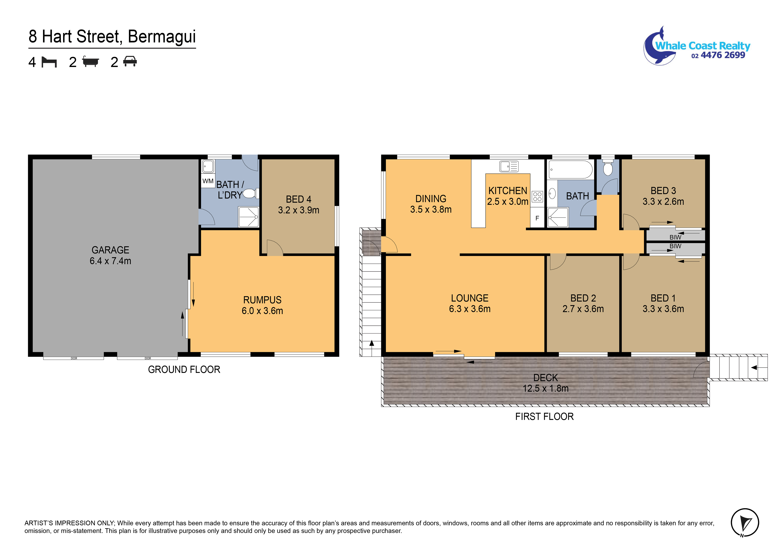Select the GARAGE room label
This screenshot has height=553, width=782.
(x=110, y=250)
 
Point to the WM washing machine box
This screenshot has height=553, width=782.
(x=208, y=181)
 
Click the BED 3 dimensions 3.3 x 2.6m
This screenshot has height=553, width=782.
(x=663, y=201)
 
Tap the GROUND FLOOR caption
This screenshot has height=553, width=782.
(x=184, y=370)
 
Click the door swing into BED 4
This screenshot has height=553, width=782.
(x=274, y=248)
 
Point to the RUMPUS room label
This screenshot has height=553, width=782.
(x=262, y=300)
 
